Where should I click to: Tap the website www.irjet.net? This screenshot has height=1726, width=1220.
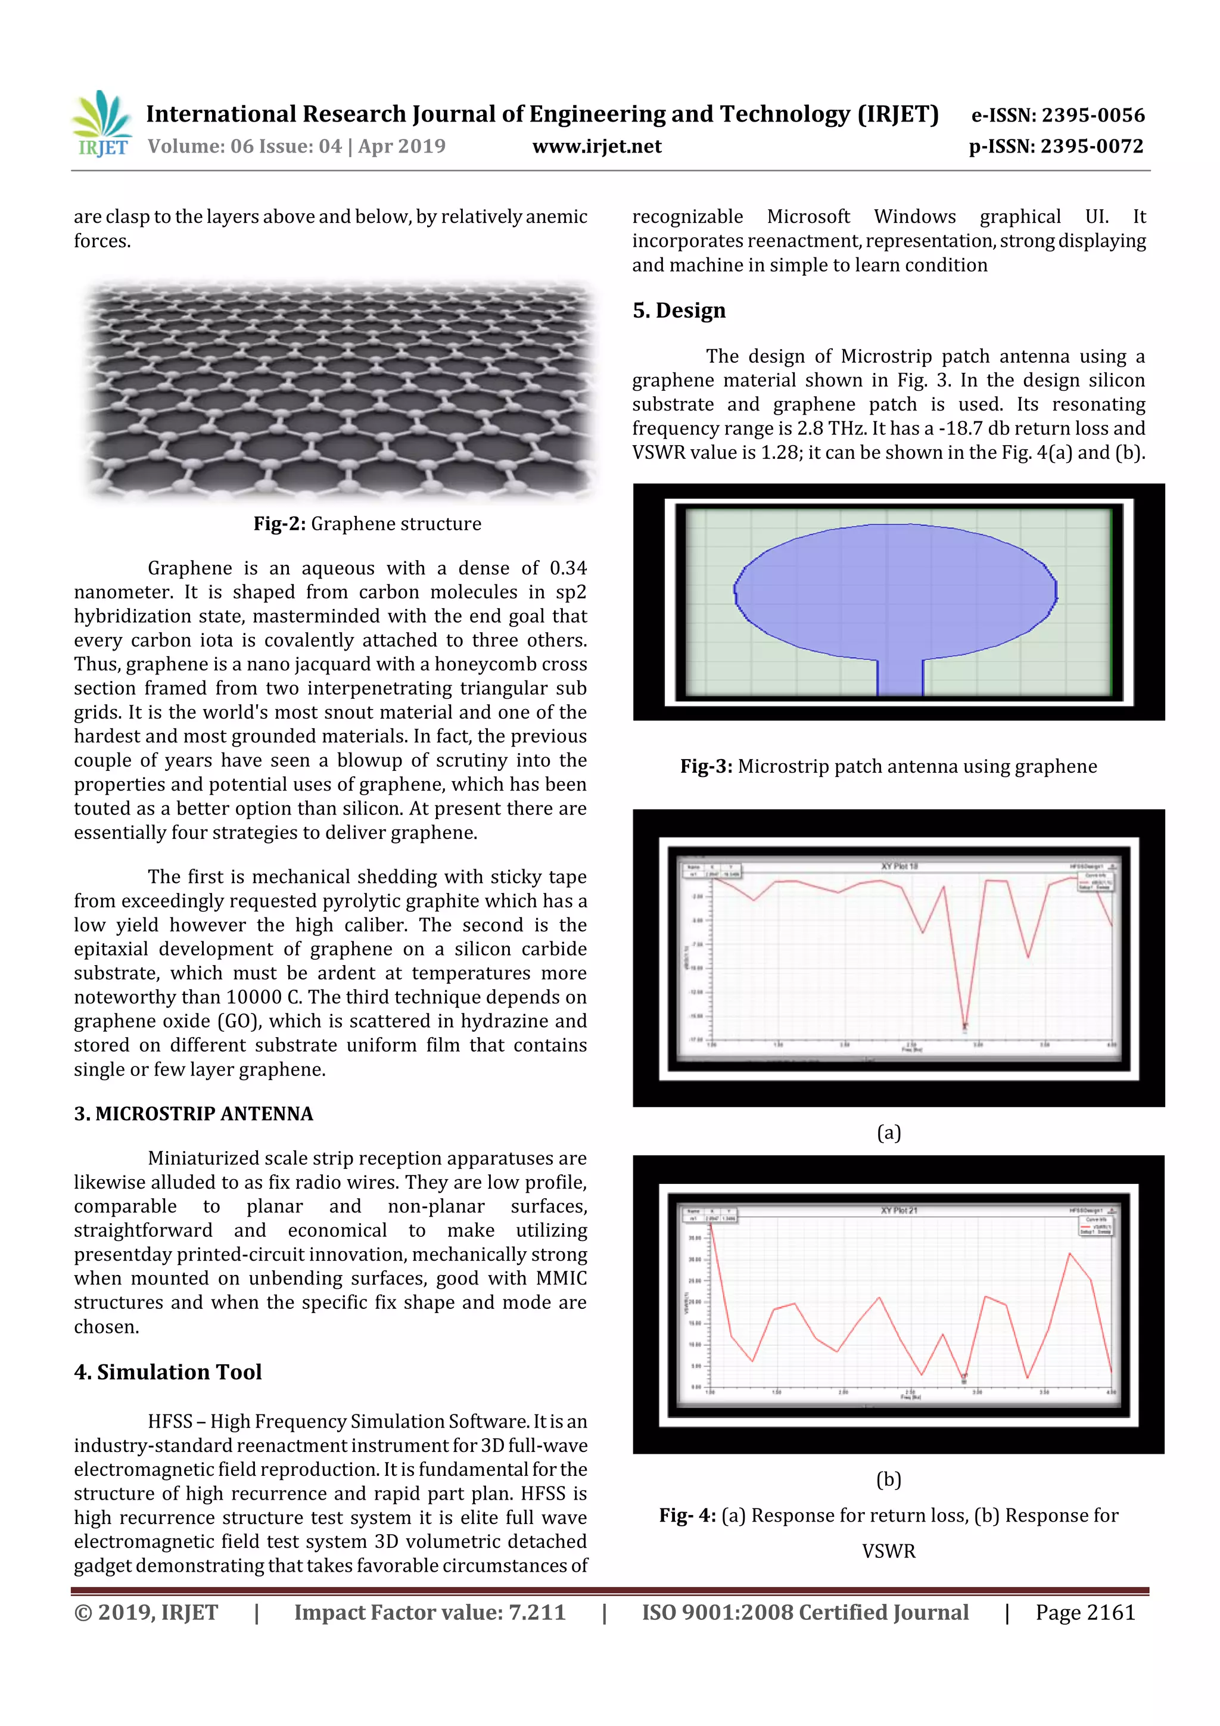[597, 146]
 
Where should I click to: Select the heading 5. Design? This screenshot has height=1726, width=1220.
[679, 310]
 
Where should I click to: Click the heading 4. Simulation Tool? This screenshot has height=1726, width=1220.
[167, 1372]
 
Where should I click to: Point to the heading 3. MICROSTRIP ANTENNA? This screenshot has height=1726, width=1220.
[193, 1114]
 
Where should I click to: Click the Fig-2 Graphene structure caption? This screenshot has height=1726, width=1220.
[367, 524]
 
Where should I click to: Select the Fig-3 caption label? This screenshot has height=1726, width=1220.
[706, 766]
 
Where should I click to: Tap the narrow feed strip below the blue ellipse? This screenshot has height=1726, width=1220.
[900, 677]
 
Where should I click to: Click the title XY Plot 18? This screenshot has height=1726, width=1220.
[899, 866]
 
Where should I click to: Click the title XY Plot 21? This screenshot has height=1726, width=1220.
[899, 1210]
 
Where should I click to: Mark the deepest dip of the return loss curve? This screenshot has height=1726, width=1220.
[965, 1024]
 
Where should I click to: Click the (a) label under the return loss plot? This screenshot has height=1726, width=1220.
[889, 1132]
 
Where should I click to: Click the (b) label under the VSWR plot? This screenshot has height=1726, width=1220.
[889, 1479]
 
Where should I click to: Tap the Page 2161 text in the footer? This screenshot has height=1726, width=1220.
[1085, 1612]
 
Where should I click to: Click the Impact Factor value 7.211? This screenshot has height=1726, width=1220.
[537, 1612]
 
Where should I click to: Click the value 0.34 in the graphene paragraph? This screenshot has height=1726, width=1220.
[568, 568]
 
